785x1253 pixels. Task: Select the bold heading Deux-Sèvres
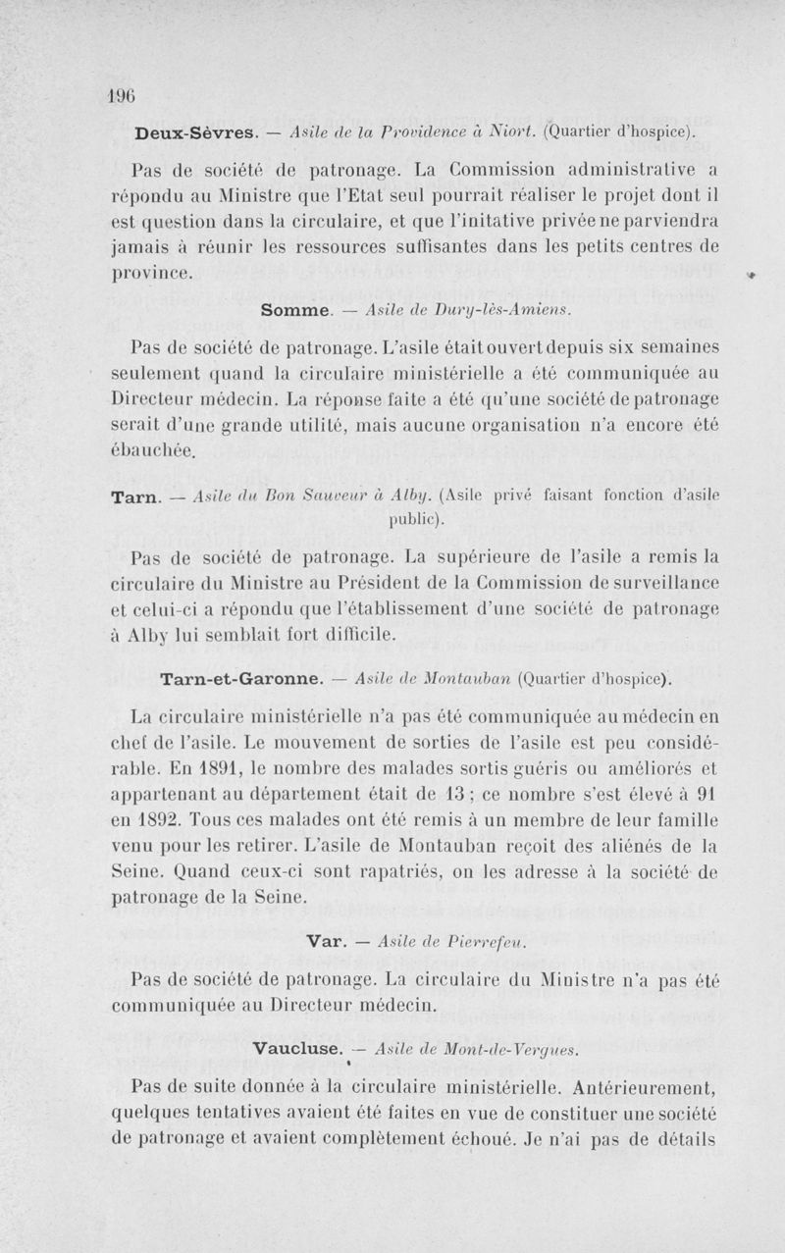click(x=195, y=131)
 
